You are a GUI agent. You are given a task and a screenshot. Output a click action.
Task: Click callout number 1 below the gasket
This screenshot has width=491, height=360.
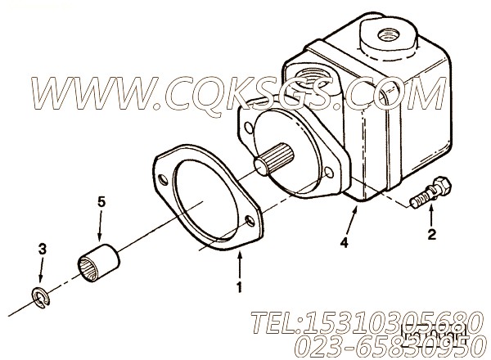(x=239, y=286)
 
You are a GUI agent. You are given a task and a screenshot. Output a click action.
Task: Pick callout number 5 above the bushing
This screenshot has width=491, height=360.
(x=101, y=200)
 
